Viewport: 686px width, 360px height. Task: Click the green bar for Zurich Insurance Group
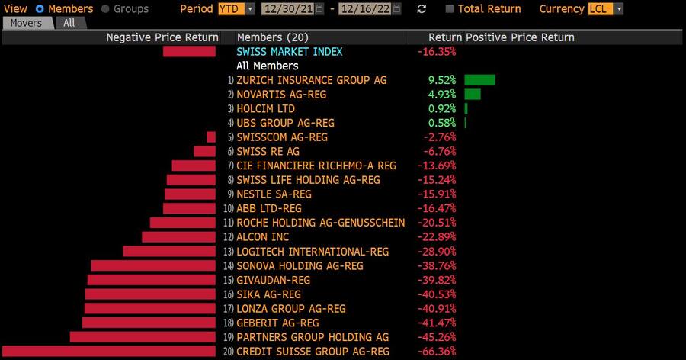click(x=479, y=80)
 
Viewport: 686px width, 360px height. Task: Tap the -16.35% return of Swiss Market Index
click(x=436, y=52)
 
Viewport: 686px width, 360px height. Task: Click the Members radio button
click(x=40, y=9)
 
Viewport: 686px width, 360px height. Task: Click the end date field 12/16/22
click(x=371, y=9)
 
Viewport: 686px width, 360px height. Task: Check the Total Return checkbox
click(x=450, y=9)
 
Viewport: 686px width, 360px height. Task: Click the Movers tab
click(x=27, y=23)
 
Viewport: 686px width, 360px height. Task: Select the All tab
click(x=69, y=23)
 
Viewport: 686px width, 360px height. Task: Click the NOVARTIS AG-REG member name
click(x=280, y=95)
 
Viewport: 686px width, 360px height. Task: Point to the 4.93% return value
click(x=442, y=95)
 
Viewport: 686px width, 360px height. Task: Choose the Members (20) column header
click(x=272, y=37)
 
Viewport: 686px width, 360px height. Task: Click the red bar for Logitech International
click(x=171, y=252)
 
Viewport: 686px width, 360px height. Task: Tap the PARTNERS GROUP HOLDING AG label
click(x=313, y=337)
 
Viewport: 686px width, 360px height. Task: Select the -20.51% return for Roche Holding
click(x=439, y=223)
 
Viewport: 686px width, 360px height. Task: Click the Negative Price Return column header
click(x=162, y=37)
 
